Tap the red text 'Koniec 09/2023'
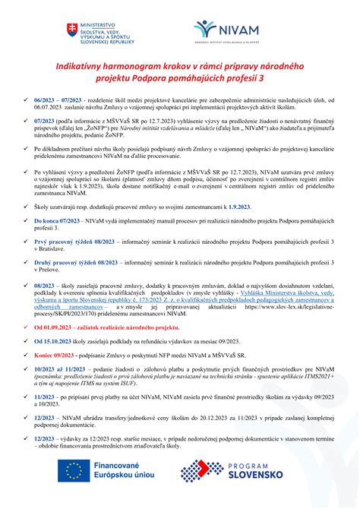[x=58, y=376]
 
